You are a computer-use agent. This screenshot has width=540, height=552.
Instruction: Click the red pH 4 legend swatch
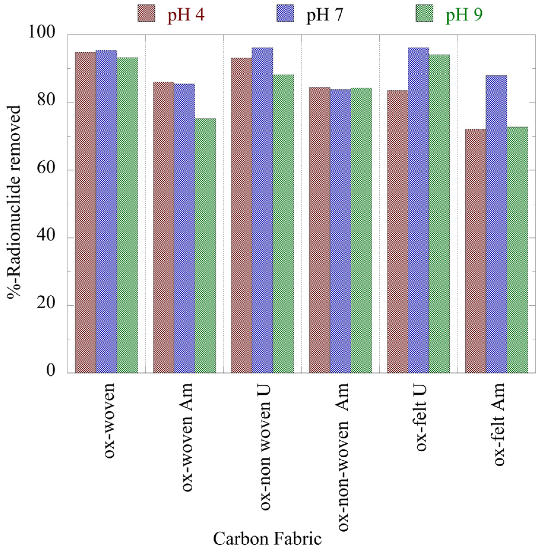(x=146, y=14)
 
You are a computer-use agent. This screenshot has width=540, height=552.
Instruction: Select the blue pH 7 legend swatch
(x=285, y=14)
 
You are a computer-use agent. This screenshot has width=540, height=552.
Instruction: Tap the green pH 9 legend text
(x=464, y=14)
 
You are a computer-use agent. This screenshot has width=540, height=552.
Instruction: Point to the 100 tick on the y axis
(x=42, y=32)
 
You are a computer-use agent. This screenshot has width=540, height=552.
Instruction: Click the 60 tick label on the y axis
(x=46, y=168)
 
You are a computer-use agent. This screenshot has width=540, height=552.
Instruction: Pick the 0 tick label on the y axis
(x=51, y=371)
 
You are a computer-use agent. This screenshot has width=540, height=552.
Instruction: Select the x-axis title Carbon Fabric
(x=267, y=538)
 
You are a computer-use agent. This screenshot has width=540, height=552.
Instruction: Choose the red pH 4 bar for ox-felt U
(x=397, y=231)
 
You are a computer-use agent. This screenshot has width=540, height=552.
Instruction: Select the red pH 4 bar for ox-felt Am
(x=475, y=251)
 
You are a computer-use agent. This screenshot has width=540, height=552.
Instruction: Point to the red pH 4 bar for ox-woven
(x=85, y=212)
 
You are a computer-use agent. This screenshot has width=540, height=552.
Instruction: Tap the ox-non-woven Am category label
(x=343, y=457)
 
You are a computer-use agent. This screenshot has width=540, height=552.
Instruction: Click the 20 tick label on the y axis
(x=46, y=303)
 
